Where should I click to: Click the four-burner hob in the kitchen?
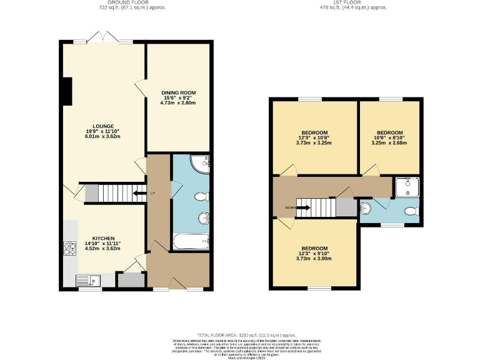tap(69, 249)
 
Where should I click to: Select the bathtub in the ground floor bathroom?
tap(190, 241)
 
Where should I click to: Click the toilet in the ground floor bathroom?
tap(201, 197)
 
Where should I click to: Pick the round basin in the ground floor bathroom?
tap(202, 218)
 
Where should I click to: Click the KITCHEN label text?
tap(103, 239)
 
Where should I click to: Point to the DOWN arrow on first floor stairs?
tap(302, 207)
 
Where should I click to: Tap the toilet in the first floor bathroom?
tap(410, 211)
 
